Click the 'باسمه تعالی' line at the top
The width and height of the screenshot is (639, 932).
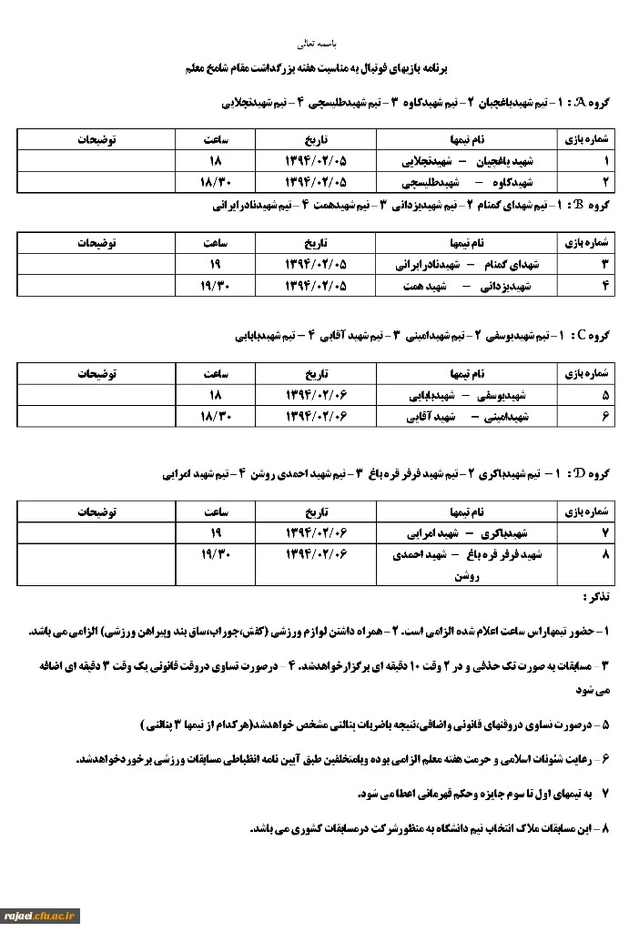pos(319,43)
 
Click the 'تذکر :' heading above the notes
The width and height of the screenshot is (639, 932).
pos(596,597)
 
